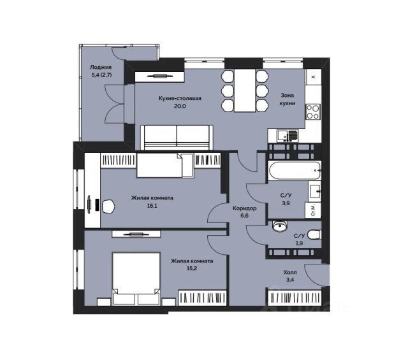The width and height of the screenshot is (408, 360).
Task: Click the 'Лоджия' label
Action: coord(101,67)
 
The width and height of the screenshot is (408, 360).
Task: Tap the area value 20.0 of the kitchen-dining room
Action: coord(180,106)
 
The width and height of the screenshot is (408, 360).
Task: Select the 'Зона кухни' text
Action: coord(288,99)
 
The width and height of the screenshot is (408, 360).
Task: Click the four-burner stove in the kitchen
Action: coord(313,112)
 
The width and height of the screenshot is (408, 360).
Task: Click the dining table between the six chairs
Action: coord(245,90)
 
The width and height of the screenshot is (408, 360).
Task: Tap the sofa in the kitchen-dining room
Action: coord(177,138)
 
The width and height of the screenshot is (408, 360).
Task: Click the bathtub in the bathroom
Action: coord(295,170)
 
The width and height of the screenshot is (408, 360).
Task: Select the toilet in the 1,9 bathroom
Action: coord(314,234)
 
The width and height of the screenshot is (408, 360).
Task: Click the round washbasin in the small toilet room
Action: coord(279,226)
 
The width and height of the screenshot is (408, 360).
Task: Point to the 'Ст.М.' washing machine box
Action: coord(313,210)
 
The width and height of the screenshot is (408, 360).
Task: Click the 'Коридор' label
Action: coord(245,208)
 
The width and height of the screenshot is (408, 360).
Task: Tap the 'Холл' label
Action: coord(290,272)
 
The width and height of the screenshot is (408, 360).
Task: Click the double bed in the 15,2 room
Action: coord(136,278)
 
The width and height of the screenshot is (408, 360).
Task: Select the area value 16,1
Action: coord(152,206)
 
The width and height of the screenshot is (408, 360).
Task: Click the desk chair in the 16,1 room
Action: coord(108,206)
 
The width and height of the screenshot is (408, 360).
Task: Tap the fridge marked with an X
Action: coord(313,76)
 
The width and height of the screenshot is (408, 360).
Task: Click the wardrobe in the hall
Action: coord(295,298)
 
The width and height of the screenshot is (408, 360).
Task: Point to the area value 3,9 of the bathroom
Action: coord(286,203)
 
